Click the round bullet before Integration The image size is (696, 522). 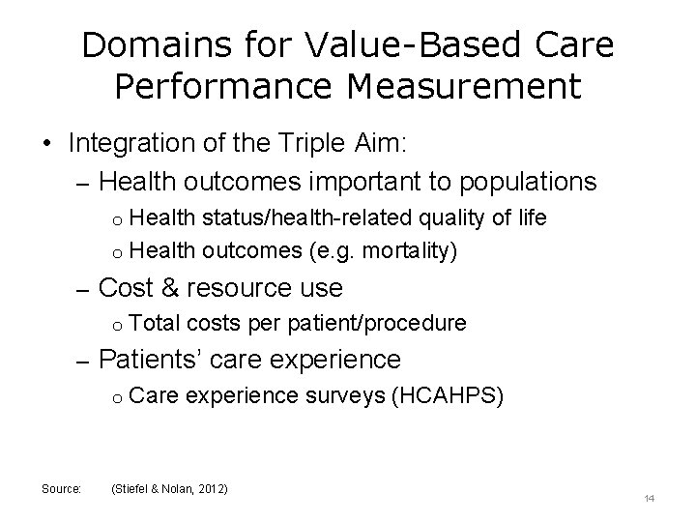coord(47,144)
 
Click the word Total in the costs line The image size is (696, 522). coord(153,322)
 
